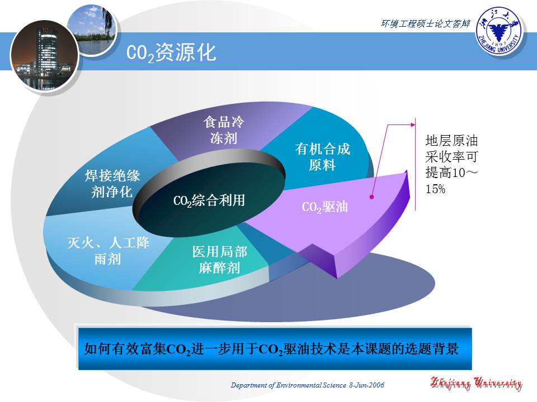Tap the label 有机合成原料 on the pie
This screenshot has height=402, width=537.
click(322, 157)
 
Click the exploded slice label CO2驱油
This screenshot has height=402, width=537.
click(325, 207)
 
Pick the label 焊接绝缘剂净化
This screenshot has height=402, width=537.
click(112, 184)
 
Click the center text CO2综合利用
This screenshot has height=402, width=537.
click(210, 201)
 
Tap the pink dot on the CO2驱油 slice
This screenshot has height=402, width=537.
click(371, 197)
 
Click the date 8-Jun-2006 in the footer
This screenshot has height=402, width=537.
click(366, 385)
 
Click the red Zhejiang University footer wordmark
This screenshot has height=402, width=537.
click(476, 383)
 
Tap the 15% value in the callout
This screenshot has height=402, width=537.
click(435, 189)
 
